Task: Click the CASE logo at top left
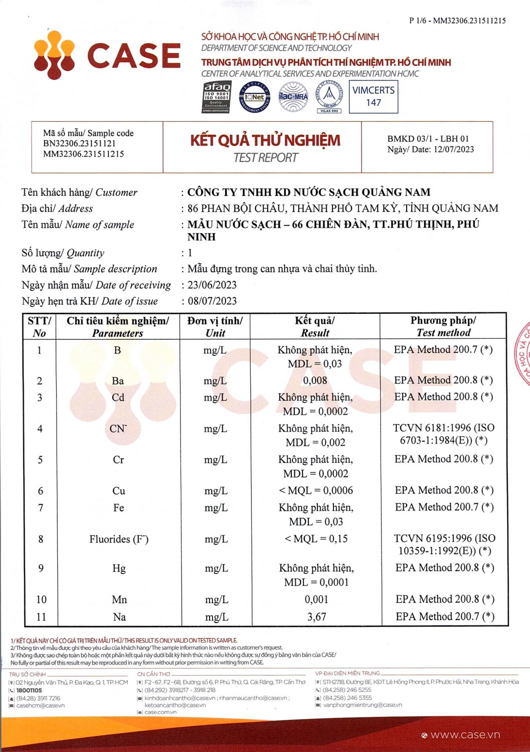click(x=107, y=55)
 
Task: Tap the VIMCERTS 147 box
click(x=374, y=96)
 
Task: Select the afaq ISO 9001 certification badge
click(x=217, y=97)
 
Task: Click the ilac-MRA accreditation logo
click(x=293, y=97)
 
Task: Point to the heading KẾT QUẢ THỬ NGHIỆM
click(x=265, y=140)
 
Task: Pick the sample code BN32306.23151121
click(x=79, y=144)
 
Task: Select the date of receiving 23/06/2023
click(x=212, y=285)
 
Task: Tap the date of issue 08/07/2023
click(x=212, y=301)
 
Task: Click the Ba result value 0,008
click(x=315, y=381)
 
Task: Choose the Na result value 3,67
click(x=316, y=617)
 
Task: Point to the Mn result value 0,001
click(x=316, y=600)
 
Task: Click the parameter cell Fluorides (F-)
click(x=119, y=539)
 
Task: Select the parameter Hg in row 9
click(x=119, y=569)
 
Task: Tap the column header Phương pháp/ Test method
click(x=443, y=326)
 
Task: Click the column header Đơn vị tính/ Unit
click(x=215, y=327)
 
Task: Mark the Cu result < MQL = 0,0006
click(x=316, y=491)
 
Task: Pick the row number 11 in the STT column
click(x=41, y=617)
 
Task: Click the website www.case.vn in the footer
click(x=465, y=735)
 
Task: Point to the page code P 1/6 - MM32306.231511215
click(x=457, y=21)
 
